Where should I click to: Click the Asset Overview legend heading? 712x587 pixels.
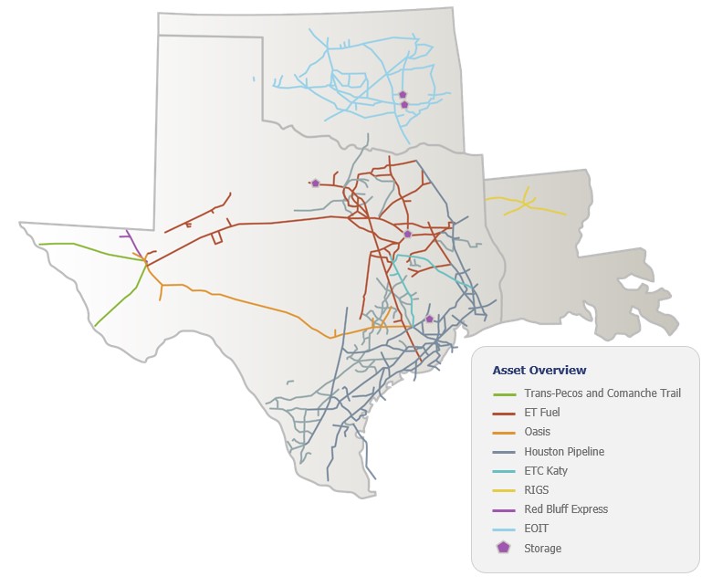539,370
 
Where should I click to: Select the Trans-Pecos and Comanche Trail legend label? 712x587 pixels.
602,393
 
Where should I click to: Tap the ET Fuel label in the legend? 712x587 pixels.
542,413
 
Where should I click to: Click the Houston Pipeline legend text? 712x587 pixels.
564,451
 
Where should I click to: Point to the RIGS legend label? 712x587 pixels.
537,489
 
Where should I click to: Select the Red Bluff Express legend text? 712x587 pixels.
566,508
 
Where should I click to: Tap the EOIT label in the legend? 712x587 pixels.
537,528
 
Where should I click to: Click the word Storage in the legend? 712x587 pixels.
543,548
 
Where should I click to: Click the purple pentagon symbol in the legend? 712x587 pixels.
504,548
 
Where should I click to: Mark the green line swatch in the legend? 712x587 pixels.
504,393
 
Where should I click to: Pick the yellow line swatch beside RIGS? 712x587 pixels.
504,489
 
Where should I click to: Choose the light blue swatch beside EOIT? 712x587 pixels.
504,528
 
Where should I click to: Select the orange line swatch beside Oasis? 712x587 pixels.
504,432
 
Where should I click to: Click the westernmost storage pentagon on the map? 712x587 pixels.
315,183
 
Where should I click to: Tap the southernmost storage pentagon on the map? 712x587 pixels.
429,319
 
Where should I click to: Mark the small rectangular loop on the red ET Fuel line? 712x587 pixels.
217,238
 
